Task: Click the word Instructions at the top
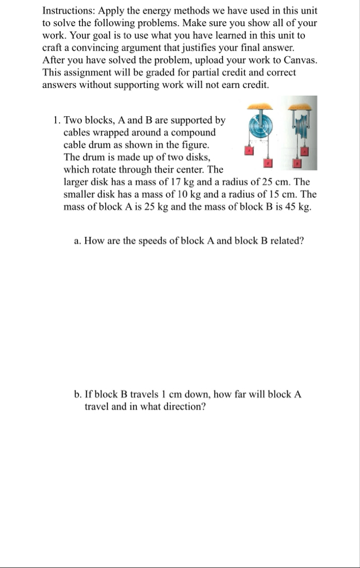click(65, 11)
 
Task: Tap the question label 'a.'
click(78, 241)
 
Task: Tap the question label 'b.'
click(78, 394)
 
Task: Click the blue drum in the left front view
click(260, 127)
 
